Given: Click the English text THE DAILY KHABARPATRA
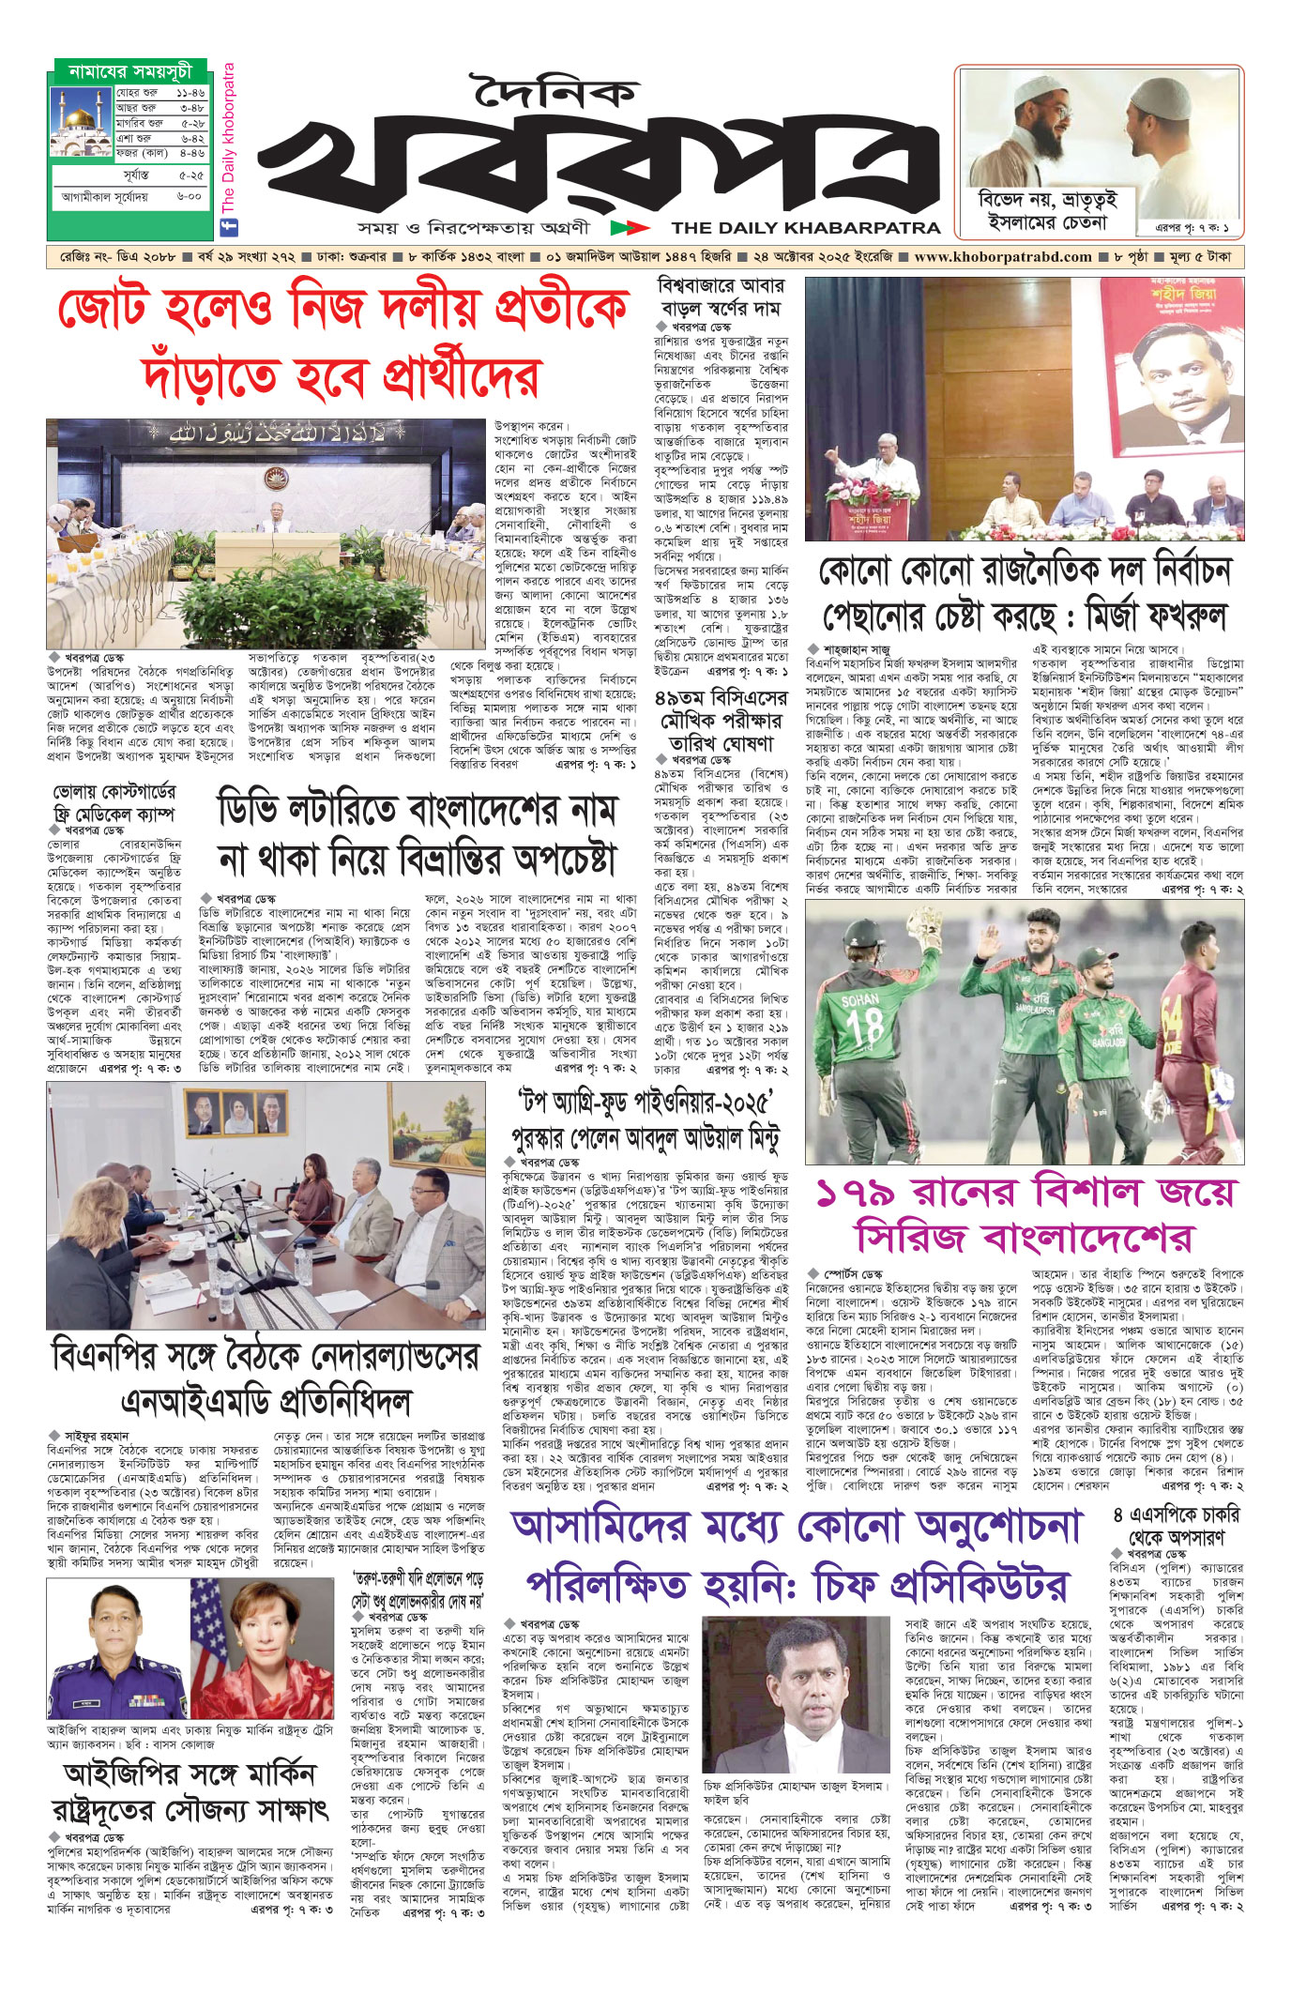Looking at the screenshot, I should [805, 227].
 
